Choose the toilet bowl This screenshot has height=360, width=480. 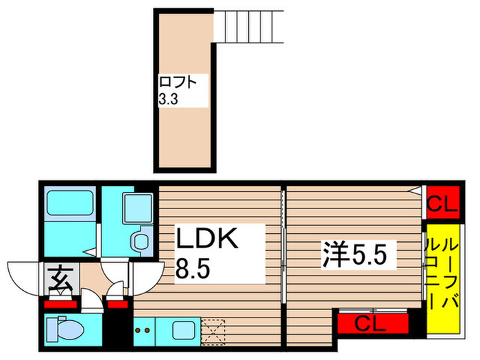coord(65,328)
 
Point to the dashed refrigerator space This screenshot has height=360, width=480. coord(214,331)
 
